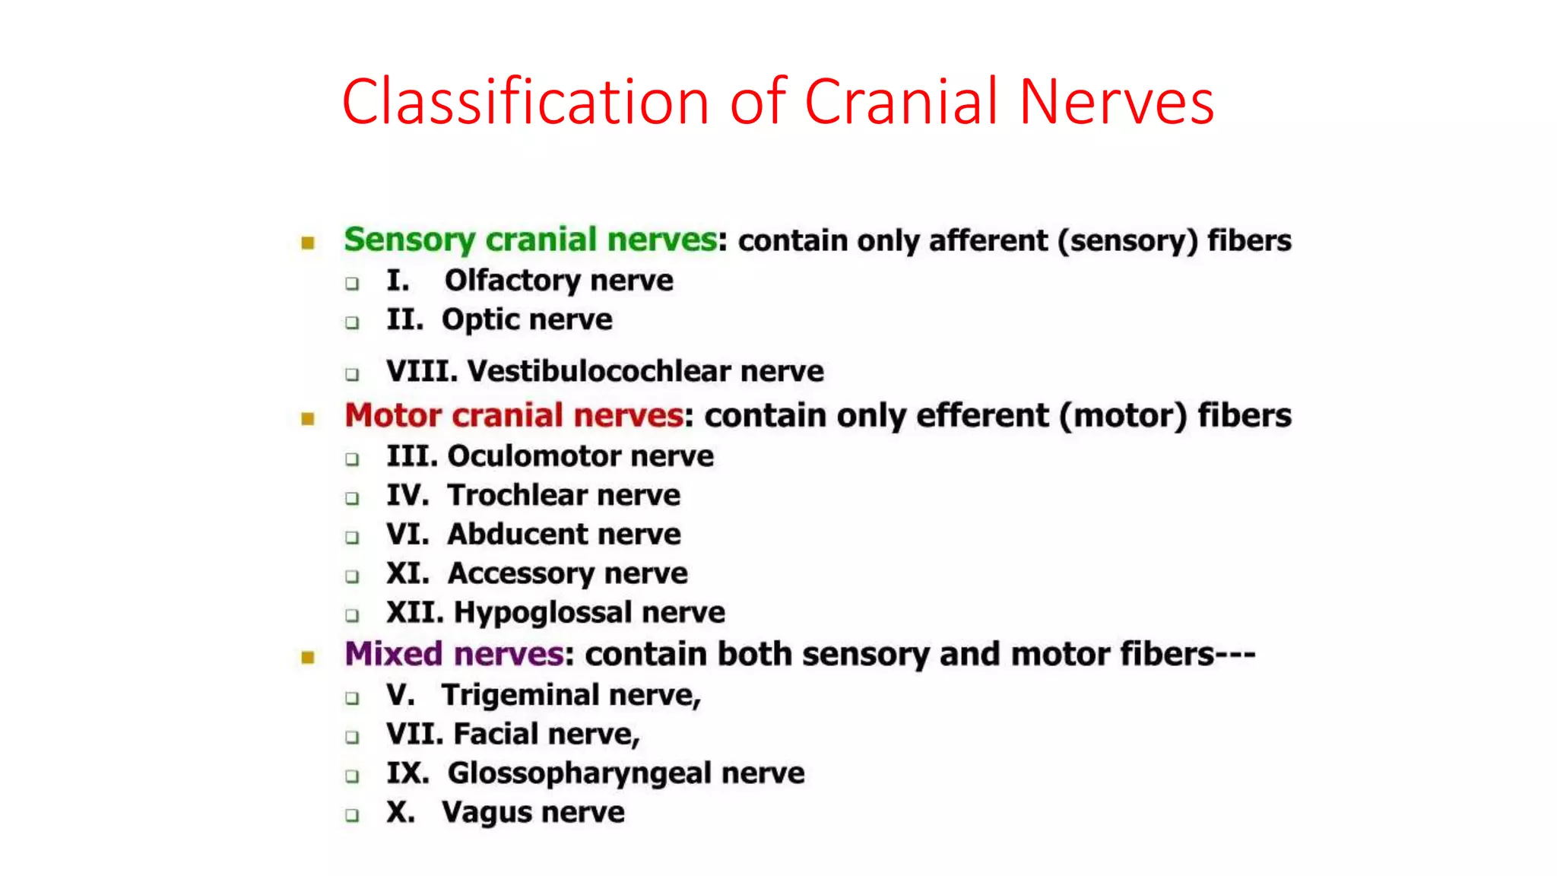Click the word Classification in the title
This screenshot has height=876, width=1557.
(525, 102)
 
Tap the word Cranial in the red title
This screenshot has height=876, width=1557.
(901, 102)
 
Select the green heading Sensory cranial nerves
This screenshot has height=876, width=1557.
(530, 240)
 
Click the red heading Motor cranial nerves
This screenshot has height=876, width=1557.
(514, 416)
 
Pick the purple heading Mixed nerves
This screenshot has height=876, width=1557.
(454, 655)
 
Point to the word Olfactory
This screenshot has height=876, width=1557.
(514, 281)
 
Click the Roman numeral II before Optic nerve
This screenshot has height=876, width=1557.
(404, 319)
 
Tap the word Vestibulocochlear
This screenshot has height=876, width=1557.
(599, 372)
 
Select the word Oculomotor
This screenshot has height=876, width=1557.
(535, 456)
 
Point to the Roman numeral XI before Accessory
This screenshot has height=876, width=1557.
(407, 573)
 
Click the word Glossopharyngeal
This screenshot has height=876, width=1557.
(580, 773)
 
